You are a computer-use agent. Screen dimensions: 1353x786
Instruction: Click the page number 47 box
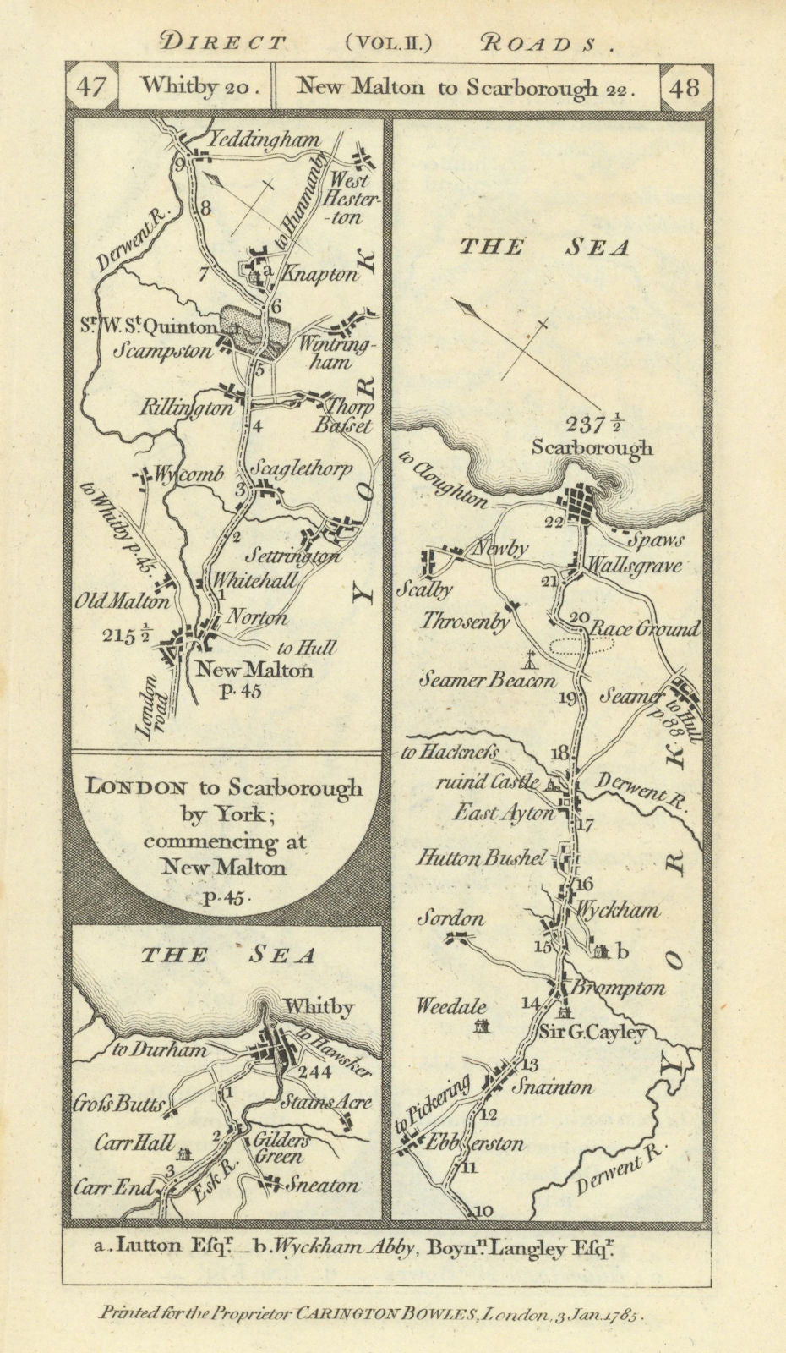point(91,86)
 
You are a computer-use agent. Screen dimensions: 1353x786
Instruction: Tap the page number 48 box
point(685,86)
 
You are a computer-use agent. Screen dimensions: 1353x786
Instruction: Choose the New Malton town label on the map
point(254,670)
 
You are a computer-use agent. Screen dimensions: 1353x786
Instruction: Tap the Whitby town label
point(319,1007)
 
